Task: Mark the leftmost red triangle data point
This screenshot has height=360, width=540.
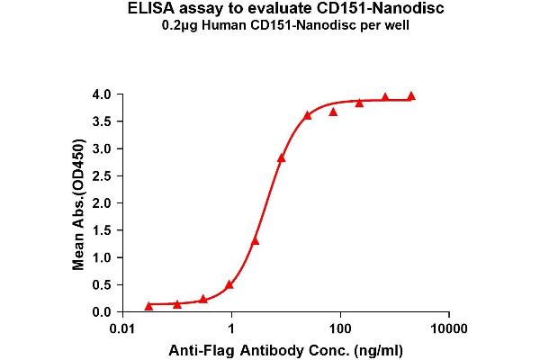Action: [x=148, y=306]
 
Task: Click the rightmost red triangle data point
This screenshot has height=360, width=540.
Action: [x=411, y=95]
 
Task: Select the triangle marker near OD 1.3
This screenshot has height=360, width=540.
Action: [x=256, y=240]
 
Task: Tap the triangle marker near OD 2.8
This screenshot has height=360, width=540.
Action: [x=282, y=157]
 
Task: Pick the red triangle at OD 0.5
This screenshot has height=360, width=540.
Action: [x=229, y=284]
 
